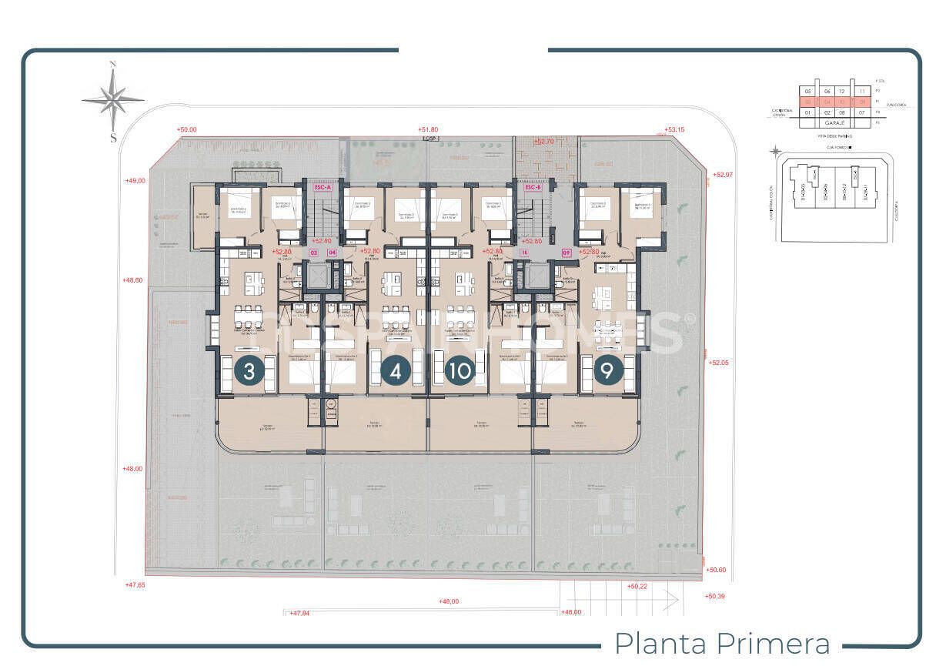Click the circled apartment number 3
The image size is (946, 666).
point(249,371)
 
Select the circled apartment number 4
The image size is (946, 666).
point(396,371)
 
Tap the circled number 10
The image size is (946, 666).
point(460,371)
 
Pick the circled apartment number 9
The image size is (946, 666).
point(608,371)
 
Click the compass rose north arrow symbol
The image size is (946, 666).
point(113,99)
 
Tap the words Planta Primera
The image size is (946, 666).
point(723,643)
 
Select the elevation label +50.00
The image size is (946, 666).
point(186,130)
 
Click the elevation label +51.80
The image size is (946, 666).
point(427,130)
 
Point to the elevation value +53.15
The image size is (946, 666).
point(674,130)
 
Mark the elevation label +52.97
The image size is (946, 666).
point(723,175)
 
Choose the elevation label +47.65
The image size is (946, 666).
point(135,585)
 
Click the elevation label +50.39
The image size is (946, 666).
point(715,596)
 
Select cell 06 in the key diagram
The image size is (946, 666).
point(827,91)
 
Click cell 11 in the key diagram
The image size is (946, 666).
point(862,91)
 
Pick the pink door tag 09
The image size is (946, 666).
point(567,252)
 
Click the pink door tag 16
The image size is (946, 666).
point(524,252)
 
